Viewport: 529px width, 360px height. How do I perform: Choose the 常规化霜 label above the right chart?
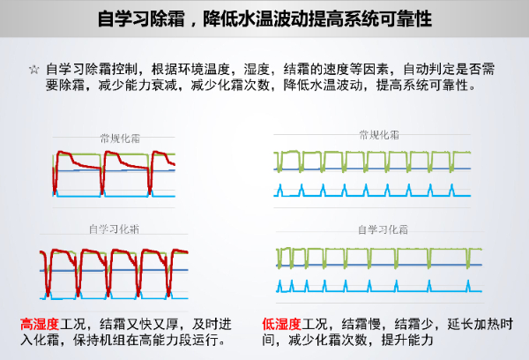[379, 135]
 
